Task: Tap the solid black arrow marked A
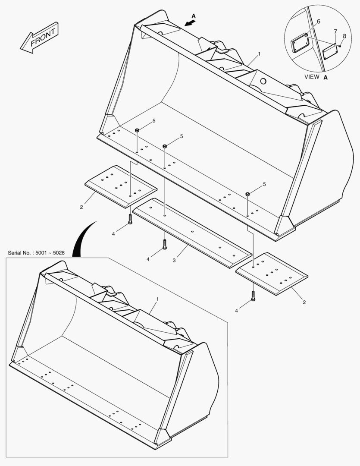click(189, 23)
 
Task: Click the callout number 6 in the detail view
click(318, 21)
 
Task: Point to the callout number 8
click(344, 36)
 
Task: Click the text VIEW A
click(316, 77)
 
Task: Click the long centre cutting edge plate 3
click(192, 233)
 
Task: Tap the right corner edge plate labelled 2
click(272, 274)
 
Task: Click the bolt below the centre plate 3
click(164, 245)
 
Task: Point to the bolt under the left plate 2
click(130, 219)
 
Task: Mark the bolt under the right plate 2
click(253, 296)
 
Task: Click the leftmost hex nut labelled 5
click(137, 130)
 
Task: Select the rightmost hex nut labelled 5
click(248, 194)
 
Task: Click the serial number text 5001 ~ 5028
click(36, 252)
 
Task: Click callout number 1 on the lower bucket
click(157, 299)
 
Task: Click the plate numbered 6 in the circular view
click(299, 44)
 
